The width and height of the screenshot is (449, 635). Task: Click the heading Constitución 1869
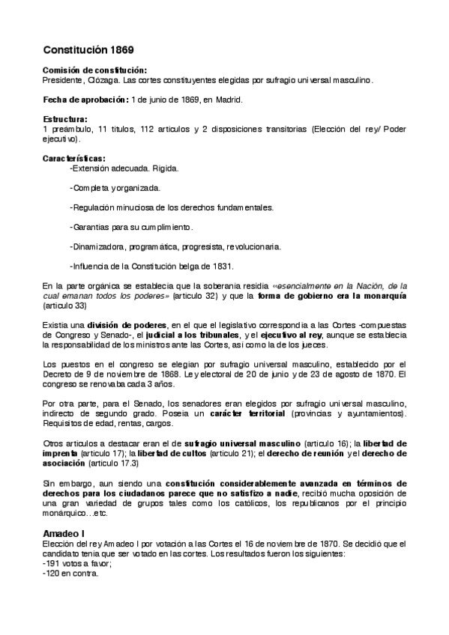pos(88,50)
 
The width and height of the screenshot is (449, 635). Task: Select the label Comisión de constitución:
pos(94,70)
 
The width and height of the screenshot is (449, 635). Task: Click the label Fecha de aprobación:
pos(86,100)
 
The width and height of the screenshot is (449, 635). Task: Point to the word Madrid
pos(228,100)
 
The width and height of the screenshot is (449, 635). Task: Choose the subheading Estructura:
pos(65,119)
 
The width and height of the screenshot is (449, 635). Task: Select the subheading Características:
pos(73,158)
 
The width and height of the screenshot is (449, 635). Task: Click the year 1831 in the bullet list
pos(223,266)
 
